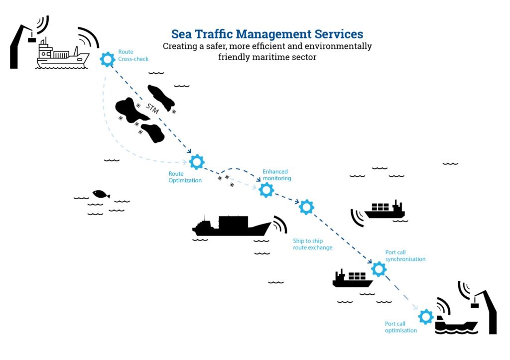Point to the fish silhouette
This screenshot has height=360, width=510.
(101, 194)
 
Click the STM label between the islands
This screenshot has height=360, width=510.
(152, 108)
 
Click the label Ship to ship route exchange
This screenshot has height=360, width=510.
(313, 244)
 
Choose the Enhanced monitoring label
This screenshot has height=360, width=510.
(277, 175)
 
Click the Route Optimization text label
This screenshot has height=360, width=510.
(185, 177)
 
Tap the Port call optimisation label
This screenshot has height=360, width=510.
(401, 327)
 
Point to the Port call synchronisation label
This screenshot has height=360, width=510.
(405, 255)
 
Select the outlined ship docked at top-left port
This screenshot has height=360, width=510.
(62, 55)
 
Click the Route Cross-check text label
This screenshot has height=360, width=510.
(133, 55)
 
